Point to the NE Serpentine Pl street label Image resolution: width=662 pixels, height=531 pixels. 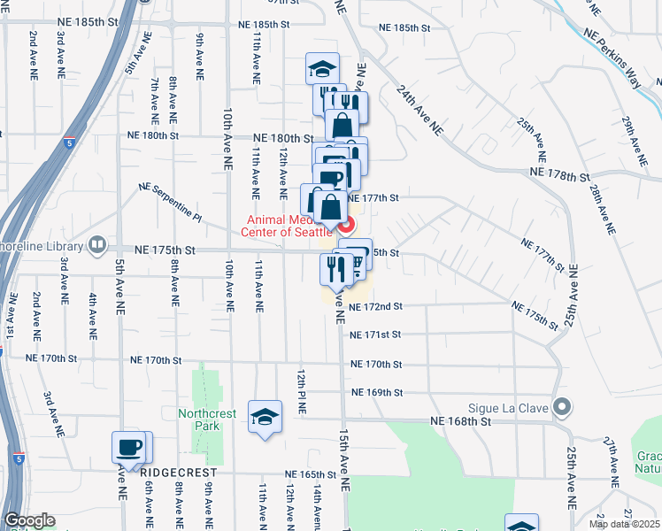[x=171, y=203]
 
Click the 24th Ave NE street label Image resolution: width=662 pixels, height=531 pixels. [x=419, y=109]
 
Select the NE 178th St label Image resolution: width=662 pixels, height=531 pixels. [x=559, y=176]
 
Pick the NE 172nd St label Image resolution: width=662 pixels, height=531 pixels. [x=375, y=306]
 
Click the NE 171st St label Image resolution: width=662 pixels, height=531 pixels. [x=375, y=335]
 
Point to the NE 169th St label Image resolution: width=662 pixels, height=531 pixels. [x=377, y=392]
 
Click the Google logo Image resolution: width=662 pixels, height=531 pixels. [x=29, y=520]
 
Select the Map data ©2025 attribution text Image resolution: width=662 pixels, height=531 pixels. [x=624, y=524]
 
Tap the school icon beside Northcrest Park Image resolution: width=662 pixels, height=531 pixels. [x=265, y=418]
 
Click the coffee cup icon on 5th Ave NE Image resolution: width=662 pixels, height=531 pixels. [x=129, y=447]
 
